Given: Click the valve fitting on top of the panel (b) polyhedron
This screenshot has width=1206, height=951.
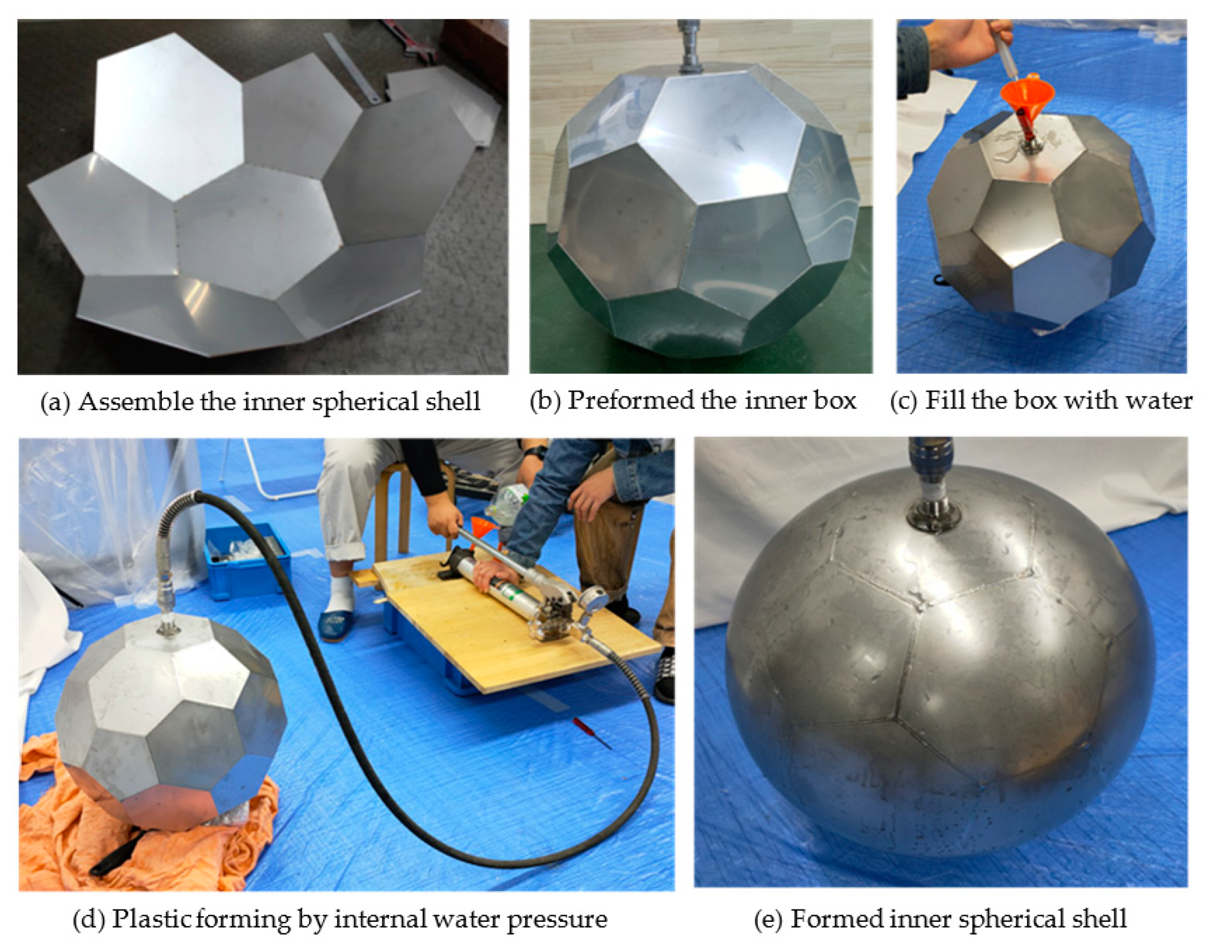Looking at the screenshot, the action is point(693,47).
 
